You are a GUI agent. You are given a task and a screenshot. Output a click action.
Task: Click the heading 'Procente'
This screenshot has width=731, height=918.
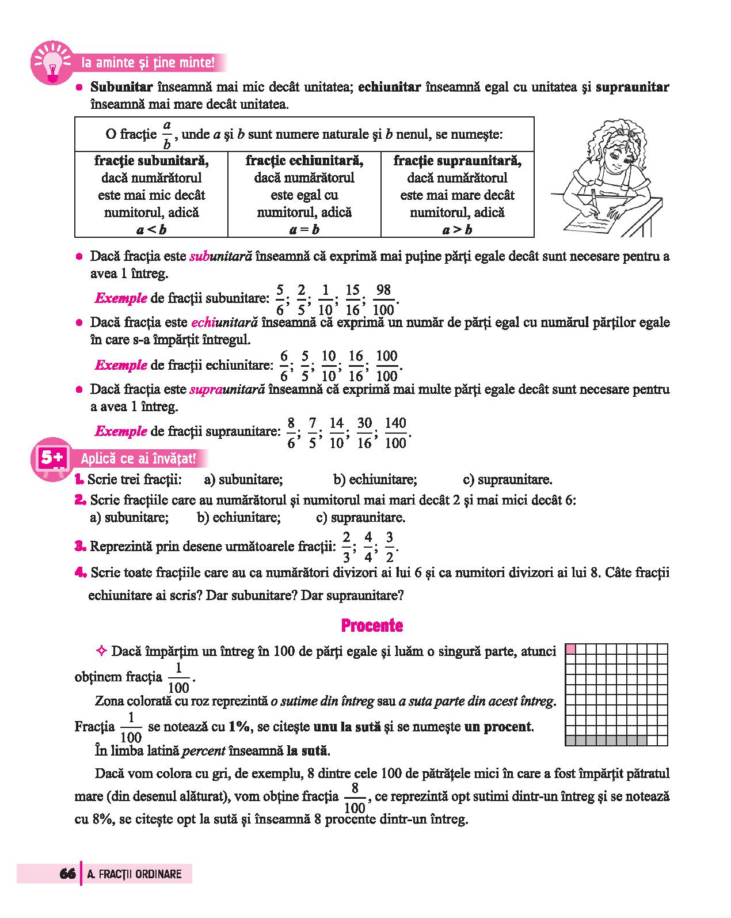[372, 625]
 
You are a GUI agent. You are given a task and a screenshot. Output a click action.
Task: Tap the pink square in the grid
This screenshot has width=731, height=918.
[570, 649]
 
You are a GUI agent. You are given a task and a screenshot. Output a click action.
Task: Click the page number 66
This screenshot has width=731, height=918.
[67, 874]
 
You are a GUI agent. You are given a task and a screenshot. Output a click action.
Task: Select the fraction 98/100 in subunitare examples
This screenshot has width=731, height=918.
[383, 299]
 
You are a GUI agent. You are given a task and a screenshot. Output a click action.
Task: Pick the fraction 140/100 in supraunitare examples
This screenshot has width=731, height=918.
[395, 433]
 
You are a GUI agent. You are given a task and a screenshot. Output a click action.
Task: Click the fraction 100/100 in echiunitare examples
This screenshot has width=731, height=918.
[387, 366]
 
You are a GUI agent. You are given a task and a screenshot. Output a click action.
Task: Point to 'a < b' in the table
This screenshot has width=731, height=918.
[151, 230]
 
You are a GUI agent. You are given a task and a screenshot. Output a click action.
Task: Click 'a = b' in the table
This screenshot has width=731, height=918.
[304, 230]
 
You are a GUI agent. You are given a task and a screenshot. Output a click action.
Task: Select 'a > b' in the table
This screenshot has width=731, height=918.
[457, 230]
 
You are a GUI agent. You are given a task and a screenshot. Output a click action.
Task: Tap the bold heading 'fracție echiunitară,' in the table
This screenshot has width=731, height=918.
[304, 160]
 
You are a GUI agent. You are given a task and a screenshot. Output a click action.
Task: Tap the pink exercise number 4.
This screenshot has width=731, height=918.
[80, 572]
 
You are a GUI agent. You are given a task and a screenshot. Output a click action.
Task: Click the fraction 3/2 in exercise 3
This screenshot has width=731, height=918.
[390, 547]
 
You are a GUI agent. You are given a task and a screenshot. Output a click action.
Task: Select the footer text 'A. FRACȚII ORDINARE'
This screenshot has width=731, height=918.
[134, 874]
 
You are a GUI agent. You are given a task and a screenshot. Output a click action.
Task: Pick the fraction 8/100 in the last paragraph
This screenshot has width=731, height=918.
[355, 798]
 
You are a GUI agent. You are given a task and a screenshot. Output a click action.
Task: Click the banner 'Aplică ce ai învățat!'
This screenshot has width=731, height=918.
[138, 459]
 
